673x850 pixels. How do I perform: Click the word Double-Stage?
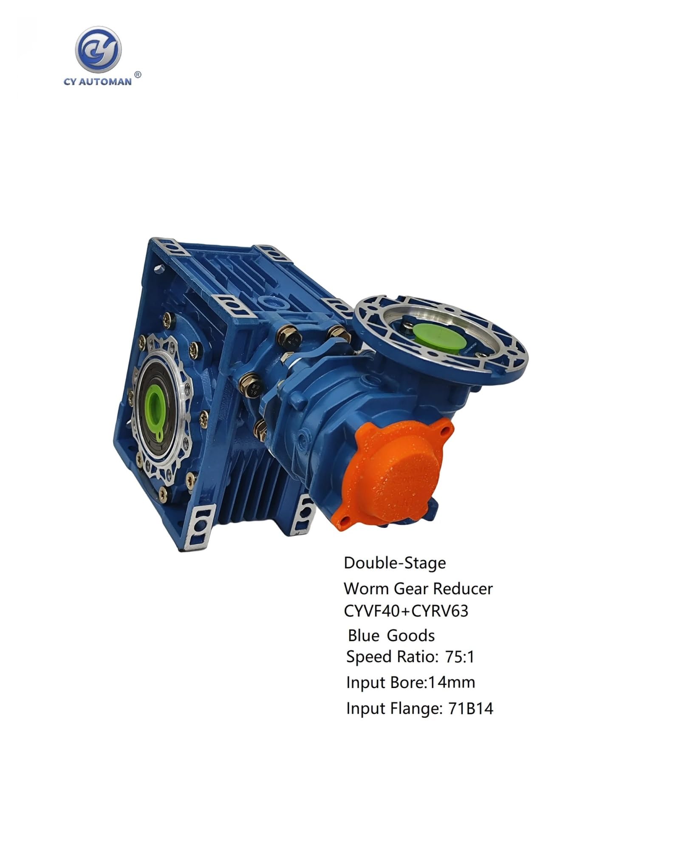coord(395,564)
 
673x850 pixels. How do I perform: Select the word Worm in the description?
coord(365,589)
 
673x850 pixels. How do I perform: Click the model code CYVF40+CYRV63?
coord(406,611)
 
